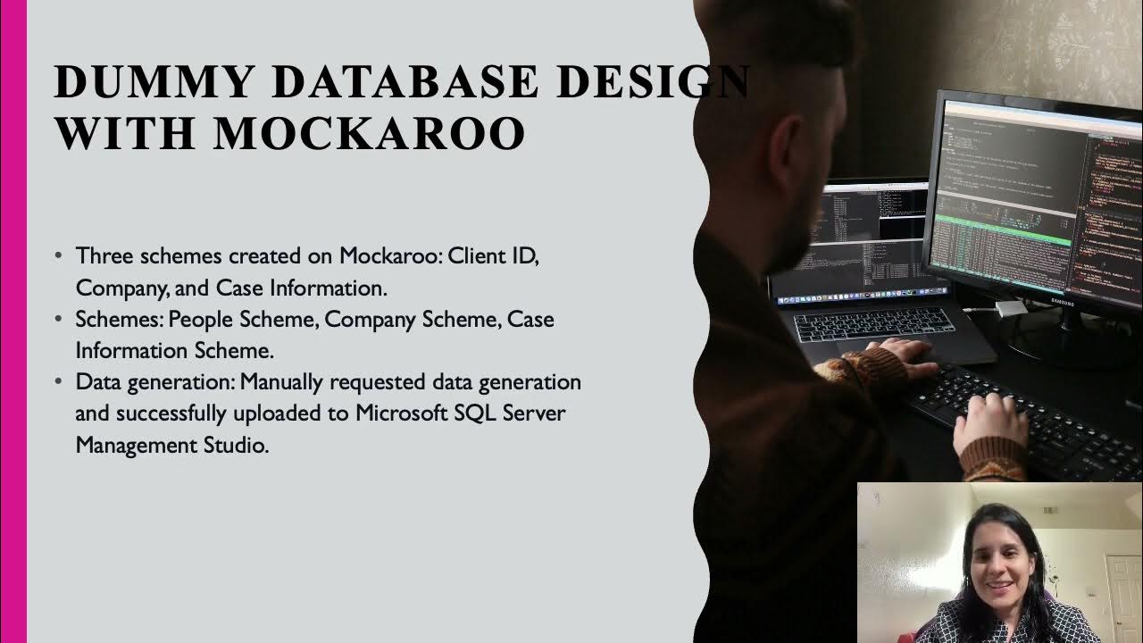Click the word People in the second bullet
(x=199, y=320)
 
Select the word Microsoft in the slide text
(x=400, y=414)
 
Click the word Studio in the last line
(x=238, y=445)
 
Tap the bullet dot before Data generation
(x=58, y=382)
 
